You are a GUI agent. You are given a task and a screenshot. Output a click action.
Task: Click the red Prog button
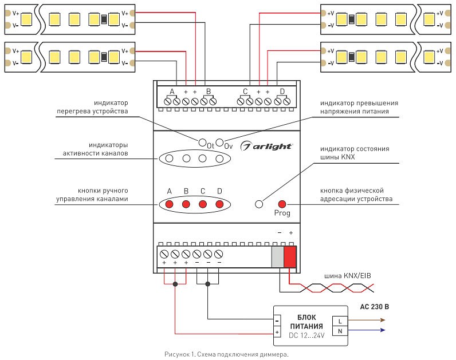pyautogui.click(x=282, y=204)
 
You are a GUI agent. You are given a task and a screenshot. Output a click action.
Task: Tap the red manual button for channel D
pyautogui.click(x=219, y=204)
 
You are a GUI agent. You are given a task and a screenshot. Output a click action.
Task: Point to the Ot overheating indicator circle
pyautogui.click(x=202, y=142)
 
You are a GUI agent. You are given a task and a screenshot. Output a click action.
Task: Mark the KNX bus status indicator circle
pyautogui.click(x=259, y=204)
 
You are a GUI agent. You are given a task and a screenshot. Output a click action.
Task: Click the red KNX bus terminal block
pyautogui.click(x=290, y=256)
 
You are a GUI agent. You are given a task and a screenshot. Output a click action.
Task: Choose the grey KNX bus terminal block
pyautogui.click(x=278, y=256)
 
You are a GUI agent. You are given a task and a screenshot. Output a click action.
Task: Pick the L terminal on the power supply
pyautogui.click(x=340, y=320)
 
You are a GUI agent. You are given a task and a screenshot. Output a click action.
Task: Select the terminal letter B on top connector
pyautogui.click(x=209, y=92)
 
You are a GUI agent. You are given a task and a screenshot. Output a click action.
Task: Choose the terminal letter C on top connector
pyautogui.click(x=245, y=92)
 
